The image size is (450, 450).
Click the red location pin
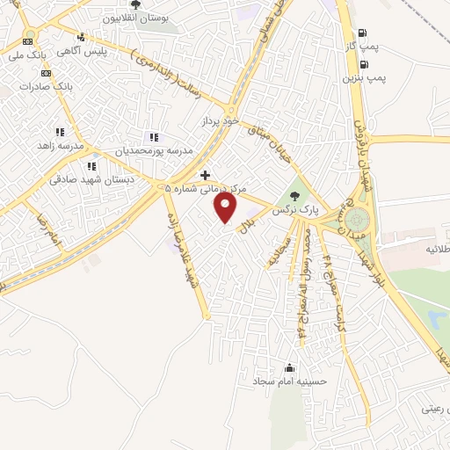point(226,207)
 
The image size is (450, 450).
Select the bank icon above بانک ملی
point(29,40)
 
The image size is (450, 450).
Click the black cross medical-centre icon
point(205,175)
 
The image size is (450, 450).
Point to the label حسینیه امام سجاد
point(279,382)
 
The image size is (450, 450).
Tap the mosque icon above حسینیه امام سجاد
point(289,368)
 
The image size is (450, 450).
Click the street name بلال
point(248,227)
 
